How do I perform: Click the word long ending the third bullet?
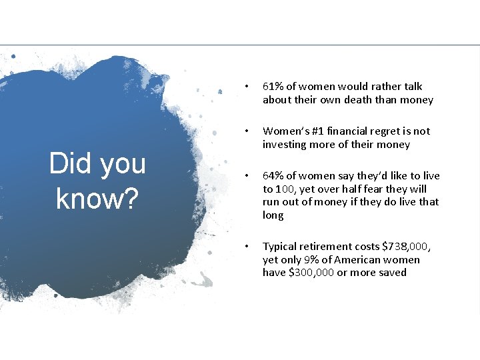(x=273, y=215)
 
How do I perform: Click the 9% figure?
(x=317, y=260)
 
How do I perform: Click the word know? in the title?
(x=97, y=199)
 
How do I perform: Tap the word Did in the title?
(x=67, y=164)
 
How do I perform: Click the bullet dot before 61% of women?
(x=247, y=87)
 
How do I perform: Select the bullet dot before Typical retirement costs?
(x=247, y=247)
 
